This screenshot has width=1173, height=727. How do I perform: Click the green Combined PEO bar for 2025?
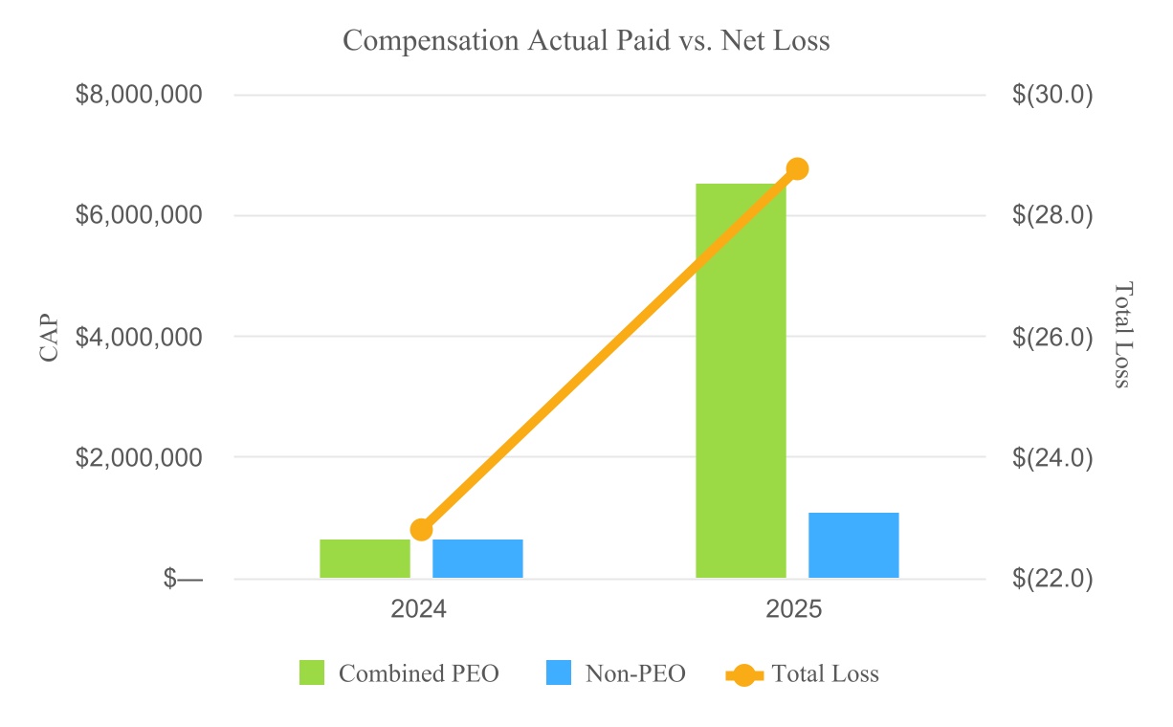point(741,381)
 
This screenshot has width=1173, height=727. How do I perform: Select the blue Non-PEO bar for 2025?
point(853,545)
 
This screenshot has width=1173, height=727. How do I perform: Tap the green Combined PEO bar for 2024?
point(365,559)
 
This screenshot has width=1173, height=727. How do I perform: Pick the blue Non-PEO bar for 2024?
point(477,559)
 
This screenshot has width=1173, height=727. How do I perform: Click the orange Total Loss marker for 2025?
point(798,169)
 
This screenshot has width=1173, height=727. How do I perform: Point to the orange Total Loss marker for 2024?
point(422,530)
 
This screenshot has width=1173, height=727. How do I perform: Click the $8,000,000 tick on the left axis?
point(139,95)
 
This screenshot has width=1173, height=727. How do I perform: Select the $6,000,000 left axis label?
point(139,215)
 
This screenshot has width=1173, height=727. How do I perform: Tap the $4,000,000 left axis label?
point(139,337)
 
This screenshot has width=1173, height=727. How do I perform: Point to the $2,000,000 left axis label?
point(139,457)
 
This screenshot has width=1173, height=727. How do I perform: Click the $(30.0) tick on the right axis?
point(1052,95)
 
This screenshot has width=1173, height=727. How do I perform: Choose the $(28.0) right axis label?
point(1052,215)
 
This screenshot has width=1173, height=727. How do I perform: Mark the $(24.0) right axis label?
point(1052,458)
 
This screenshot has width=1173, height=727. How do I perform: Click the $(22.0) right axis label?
point(1052,579)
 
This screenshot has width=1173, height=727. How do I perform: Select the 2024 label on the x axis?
point(418,609)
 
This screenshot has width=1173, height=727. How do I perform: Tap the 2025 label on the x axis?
point(794,609)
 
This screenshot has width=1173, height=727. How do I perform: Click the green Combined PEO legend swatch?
point(312,672)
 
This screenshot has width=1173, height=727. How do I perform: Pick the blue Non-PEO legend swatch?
point(558,672)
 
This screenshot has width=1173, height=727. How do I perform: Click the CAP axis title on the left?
point(49,338)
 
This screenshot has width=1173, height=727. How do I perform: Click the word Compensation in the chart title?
point(431,41)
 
